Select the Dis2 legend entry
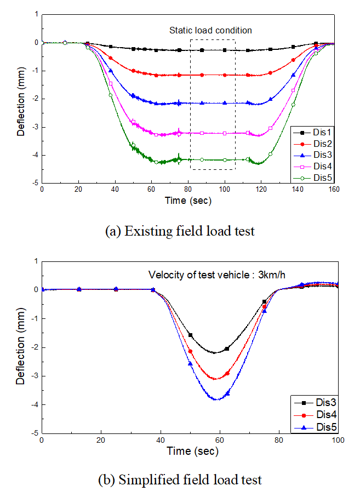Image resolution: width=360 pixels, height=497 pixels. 317,143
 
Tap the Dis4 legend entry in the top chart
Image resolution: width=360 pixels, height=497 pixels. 317,166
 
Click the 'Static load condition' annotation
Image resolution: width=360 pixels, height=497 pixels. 210,30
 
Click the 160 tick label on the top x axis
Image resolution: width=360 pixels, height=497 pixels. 334,190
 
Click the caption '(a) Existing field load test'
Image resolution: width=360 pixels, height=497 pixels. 179,231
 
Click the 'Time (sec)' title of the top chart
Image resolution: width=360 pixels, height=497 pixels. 188,201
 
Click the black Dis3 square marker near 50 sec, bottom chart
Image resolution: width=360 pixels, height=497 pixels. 191,335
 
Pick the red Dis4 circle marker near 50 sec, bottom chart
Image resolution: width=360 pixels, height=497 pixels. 191,352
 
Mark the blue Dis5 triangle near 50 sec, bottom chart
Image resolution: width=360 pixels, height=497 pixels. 191,364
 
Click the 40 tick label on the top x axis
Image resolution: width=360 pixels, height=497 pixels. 115,190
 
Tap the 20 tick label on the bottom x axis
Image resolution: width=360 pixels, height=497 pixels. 101,439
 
